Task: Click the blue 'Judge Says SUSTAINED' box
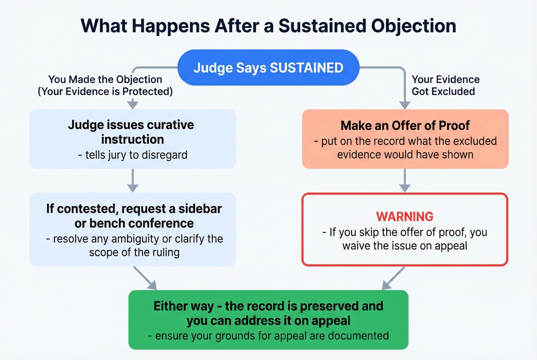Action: pos(268,67)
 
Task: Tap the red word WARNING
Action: pos(405,217)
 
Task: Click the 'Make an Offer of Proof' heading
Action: pos(405,125)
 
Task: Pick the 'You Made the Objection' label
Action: pos(105,79)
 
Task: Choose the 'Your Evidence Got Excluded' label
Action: pos(445,85)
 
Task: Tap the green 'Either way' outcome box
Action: pos(268,320)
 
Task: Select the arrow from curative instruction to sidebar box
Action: pos(133,180)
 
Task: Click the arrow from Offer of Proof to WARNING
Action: pos(405,180)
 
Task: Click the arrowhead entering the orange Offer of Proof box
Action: pos(405,105)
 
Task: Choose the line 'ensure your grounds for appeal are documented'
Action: pos(268,336)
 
